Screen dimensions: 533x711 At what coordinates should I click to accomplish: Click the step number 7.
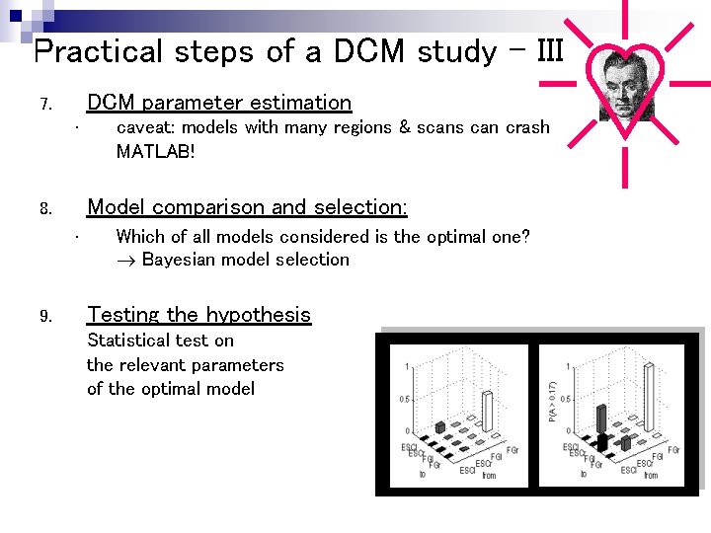pos(44,105)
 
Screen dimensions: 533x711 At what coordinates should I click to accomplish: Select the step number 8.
pos(44,209)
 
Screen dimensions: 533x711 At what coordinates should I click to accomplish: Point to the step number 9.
pos(44,317)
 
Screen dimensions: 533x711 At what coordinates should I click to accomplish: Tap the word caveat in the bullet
pos(144,127)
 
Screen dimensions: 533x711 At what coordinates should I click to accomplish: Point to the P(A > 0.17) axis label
pos(552,403)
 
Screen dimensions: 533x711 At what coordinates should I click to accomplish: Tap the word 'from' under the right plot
pos(651,476)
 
